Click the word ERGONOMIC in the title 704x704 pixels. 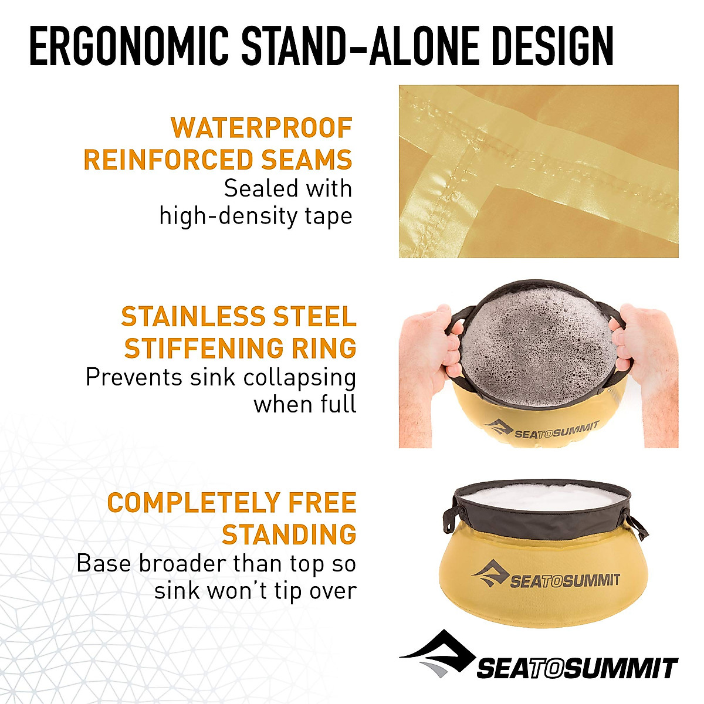(x=129, y=46)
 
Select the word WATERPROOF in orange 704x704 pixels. (x=262, y=128)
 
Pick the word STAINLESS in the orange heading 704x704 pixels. (x=193, y=316)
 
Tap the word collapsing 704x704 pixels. (x=300, y=378)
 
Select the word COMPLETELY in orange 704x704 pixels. (x=193, y=503)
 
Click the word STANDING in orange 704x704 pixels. (x=289, y=534)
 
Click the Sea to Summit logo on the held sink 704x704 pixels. (x=542, y=430)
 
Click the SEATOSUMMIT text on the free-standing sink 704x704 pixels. (x=565, y=581)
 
